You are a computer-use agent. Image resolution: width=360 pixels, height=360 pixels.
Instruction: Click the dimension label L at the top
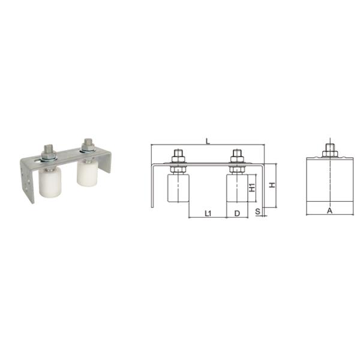pyautogui.click(x=207, y=141)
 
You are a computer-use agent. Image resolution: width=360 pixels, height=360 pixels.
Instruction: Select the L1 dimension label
pyautogui.click(x=207, y=213)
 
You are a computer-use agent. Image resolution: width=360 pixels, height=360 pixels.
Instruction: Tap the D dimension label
pyautogui.click(x=237, y=213)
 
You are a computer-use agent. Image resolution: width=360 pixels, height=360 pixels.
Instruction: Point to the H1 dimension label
pyautogui.click(x=253, y=187)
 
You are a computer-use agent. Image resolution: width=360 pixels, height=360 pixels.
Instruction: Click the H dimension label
pyautogui.click(x=272, y=185)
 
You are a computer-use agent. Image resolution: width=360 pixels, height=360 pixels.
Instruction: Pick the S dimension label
pyautogui.click(x=257, y=212)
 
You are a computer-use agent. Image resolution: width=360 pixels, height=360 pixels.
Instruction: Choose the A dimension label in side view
pyautogui.click(x=329, y=211)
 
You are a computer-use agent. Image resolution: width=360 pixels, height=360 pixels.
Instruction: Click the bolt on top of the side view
pyautogui.click(x=329, y=150)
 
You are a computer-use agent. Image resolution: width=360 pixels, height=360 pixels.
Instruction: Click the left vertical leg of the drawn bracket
pyautogui.click(x=152, y=186)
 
